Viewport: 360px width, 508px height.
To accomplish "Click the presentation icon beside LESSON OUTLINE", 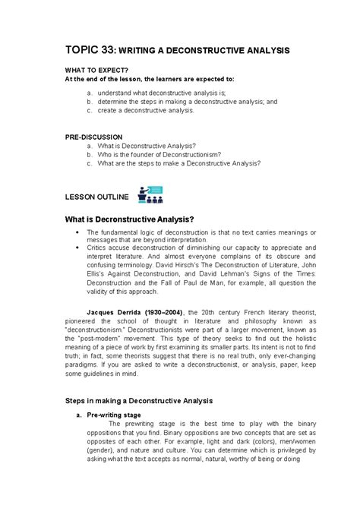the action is (x=149, y=194).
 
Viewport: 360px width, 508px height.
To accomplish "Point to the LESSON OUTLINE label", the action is (x=98, y=197).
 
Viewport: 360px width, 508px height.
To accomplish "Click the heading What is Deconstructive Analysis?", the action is (x=136, y=220).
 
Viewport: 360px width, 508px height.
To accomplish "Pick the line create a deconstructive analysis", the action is (x=146, y=110).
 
